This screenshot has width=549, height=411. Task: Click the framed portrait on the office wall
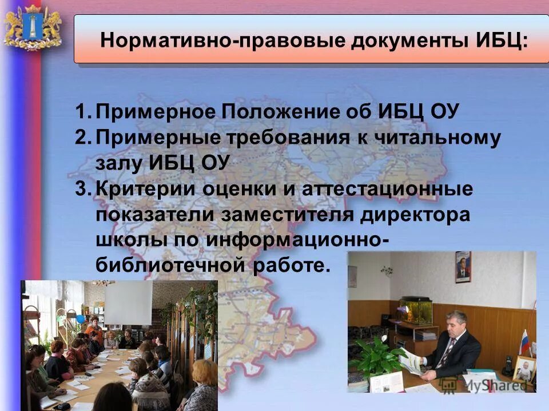pyautogui.click(x=463, y=267)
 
